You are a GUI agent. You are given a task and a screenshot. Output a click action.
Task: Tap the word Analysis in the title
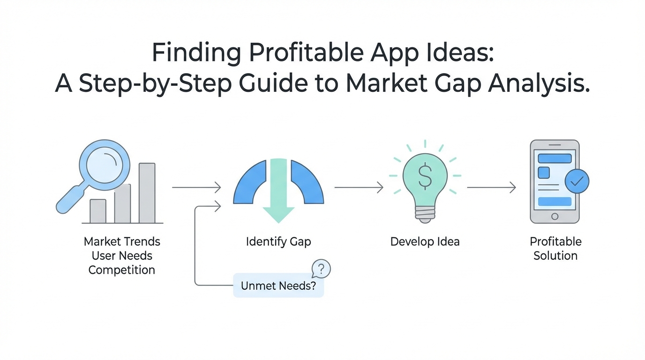point(539,83)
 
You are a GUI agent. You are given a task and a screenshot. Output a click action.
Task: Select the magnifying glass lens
point(105,165)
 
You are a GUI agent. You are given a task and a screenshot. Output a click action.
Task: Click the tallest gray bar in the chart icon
point(147,193)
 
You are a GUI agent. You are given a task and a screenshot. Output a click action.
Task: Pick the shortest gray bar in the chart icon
point(98,211)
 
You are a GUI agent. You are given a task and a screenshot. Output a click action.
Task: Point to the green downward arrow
point(278,191)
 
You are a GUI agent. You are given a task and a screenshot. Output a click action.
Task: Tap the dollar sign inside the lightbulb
point(425,177)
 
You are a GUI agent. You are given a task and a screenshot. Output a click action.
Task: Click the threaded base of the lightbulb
point(425,215)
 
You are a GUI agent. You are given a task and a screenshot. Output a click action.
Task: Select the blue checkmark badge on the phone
point(577,181)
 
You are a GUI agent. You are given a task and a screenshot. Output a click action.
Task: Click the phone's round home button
point(555,217)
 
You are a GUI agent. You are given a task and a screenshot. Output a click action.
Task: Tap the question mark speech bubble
point(321,269)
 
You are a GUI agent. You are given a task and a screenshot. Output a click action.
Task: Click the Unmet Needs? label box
point(278,285)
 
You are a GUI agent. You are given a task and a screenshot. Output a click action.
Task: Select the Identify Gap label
point(278,241)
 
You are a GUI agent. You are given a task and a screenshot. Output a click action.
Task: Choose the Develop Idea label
point(425,241)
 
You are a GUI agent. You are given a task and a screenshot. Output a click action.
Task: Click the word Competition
point(122,270)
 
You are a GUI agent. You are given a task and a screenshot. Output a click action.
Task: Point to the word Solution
point(555,256)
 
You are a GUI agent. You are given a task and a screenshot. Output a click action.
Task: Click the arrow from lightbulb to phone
point(491,187)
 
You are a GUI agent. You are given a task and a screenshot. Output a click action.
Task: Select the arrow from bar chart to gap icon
point(196,187)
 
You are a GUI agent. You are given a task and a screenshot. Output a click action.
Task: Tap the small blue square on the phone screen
point(544,173)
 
